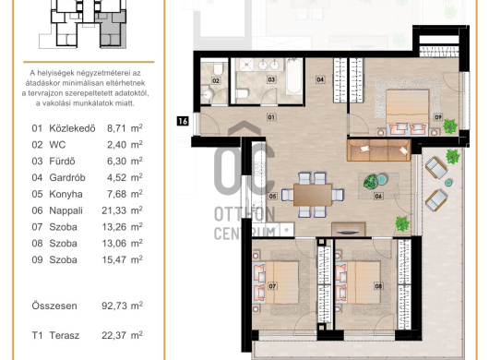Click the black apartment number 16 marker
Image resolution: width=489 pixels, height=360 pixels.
[183, 121]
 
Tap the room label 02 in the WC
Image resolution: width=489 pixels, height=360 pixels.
[216, 81]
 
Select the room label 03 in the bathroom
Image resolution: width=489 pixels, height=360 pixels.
[271, 79]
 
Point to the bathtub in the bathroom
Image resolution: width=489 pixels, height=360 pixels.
[294, 77]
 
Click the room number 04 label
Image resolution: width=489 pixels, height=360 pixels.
[320, 79]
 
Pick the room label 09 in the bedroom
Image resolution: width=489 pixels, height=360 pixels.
[438, 117]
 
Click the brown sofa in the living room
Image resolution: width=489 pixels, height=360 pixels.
[378, 150]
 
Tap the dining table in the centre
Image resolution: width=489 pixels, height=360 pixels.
[313, 195]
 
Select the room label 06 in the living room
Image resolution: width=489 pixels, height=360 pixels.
[378, 196]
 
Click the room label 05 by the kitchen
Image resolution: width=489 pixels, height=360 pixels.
[272, 196]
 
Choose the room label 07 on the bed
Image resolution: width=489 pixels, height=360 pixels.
[272, 286]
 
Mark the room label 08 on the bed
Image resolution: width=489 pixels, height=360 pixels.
[378, 286]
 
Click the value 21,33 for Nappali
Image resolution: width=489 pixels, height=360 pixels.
[113, 210]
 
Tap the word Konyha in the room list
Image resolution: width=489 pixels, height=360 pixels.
[66, 194]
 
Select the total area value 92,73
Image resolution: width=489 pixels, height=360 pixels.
[113, 306]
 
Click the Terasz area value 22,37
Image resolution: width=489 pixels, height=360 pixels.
[113, 335]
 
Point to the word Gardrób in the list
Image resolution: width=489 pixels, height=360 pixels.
[67, 177]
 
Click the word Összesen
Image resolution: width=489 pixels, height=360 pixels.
[54, 306]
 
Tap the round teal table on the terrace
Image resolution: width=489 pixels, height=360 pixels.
[448, 183]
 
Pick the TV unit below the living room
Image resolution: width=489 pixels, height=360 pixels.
[348, 229]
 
